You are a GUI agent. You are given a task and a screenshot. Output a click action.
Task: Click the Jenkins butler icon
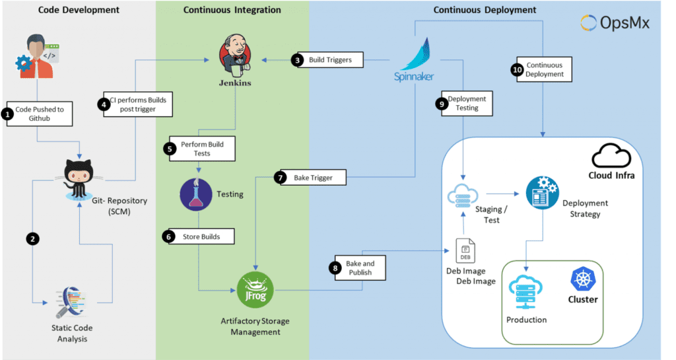coord(236,57)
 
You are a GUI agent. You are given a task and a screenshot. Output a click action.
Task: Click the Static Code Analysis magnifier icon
coord(73,303)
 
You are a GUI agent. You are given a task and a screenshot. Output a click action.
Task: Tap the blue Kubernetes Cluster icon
coord(583,280)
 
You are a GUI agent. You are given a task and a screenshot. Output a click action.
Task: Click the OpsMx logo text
coord(615,22)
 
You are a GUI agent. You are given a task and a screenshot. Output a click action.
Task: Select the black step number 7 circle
coord(280,178)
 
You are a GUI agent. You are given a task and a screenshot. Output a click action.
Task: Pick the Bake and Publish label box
coord(359,268)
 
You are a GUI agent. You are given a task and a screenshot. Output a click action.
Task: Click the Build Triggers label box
coord(330,60)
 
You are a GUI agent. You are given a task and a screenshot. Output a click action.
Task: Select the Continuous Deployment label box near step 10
coord(545,69)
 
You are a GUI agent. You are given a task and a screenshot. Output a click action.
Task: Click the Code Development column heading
coord(79,10)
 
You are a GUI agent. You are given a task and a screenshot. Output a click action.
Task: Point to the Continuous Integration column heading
coord(232,10)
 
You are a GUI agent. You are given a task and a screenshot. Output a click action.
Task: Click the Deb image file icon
coord(465,252)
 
